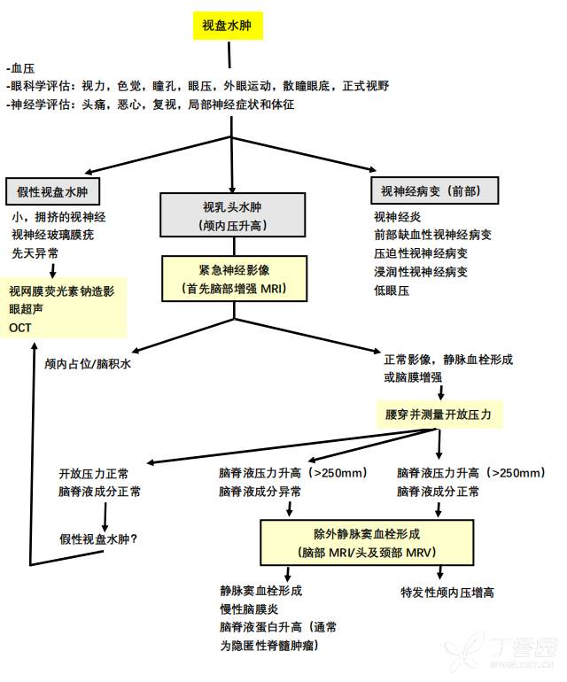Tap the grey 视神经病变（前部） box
(x=434, y=190)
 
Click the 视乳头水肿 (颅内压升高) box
(x=233, y=216)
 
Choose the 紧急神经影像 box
(x=233, y=277)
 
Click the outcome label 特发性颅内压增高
(x=447, y=593)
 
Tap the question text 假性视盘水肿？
(x=104, y=538)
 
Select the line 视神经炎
(x=397, y=215)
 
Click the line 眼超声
(x=27, y=308)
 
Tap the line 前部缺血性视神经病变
(x=432, y=234)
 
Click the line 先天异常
(x=35, y=252)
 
